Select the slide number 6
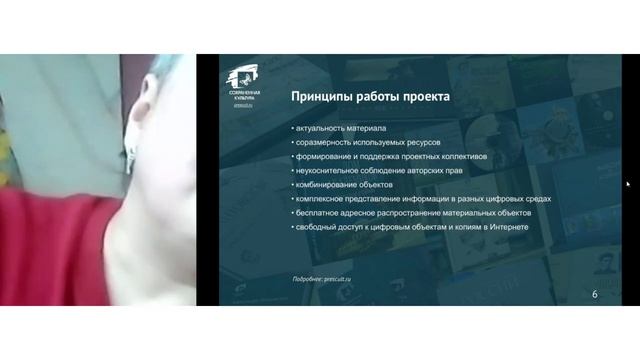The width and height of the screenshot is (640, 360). point(595,293)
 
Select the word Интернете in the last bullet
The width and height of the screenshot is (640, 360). point(507,227)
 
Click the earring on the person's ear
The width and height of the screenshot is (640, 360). point(130,156)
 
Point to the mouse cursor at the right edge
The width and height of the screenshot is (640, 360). point(628,184)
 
